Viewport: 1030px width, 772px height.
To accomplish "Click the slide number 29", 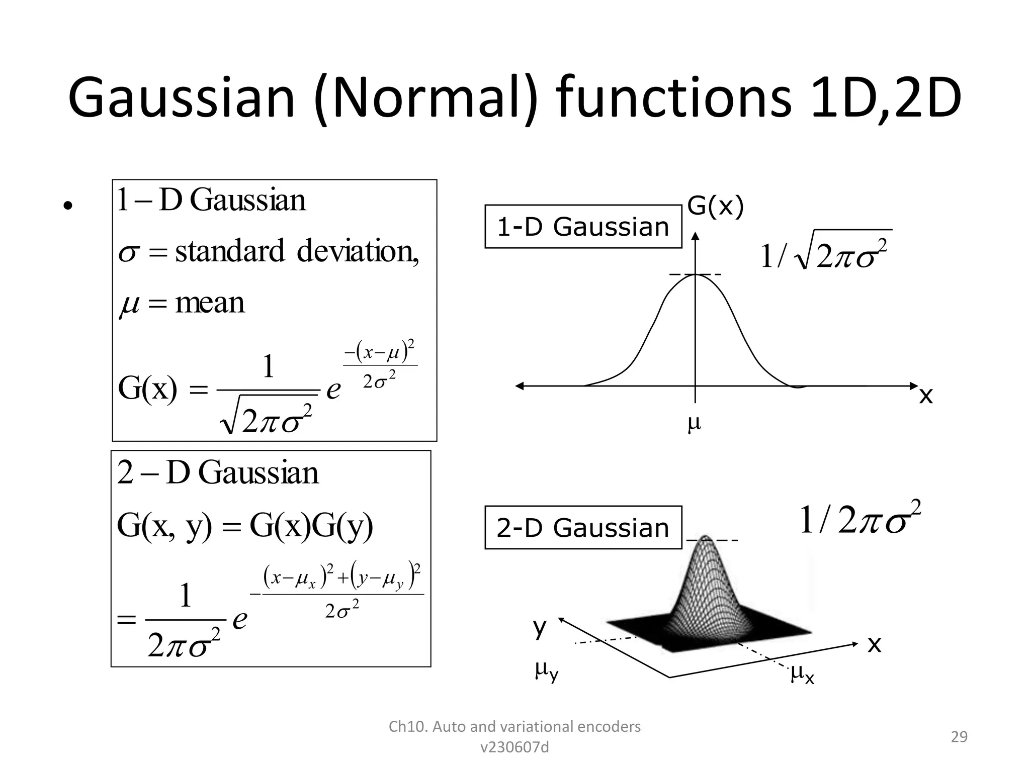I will click(x=959, y=737).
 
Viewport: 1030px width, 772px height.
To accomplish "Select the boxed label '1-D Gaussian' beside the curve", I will click(x=583, y=227).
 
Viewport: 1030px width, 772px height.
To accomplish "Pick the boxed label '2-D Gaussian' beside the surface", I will click(x=583, y=528).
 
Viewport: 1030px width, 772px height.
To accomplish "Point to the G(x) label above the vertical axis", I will click(x=715, y=206).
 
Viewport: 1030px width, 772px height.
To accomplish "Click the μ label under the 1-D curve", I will click(x=695, y=424).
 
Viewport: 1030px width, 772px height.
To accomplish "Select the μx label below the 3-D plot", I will click(x=802, y=673).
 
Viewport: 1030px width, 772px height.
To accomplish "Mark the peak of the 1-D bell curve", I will click(x=695, y=274).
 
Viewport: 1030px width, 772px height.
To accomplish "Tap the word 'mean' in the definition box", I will click(x=210, y=303).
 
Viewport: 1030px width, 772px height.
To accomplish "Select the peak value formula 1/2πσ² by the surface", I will click(x=860, y=518).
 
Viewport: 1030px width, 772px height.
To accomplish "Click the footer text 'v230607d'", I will click(x=514, y=747).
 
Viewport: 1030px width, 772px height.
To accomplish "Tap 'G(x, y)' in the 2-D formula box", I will click(x=164, y=526).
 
